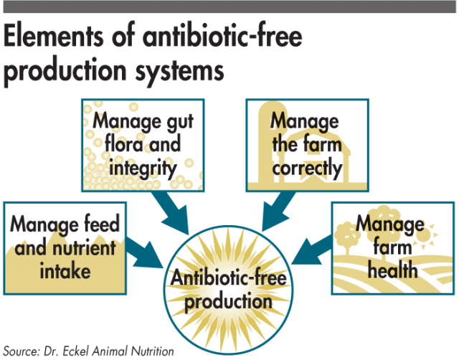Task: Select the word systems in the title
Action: [x=179, y=71]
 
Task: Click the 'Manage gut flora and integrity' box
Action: [x=143, y=146]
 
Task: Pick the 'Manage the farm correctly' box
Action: [x=307, y=146]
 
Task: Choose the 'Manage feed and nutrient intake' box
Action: [x=65, y=248]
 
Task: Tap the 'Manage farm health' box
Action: [x=393, y=248]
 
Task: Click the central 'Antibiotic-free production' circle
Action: [x=228, y=290]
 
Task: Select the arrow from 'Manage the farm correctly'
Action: [x=278, y=212]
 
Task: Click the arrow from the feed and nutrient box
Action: [x=144, y=253]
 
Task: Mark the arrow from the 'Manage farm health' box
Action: [x=312, y=250]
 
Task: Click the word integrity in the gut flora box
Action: [x=143, y=169]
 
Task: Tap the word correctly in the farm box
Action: [x=307, y=169]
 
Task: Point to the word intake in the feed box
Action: [x=65, y=271]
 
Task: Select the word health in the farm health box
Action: [x=393, y=270]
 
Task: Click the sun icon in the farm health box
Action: [x=428, y=235]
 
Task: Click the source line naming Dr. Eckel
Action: [x=89, y=351]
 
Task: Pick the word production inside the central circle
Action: [x=228, y=302]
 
